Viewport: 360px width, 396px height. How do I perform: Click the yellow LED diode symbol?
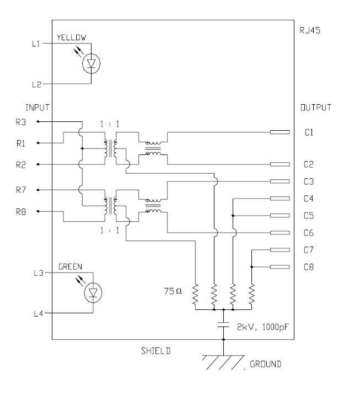(x=91, y=63)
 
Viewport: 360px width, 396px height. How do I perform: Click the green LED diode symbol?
(x=93, y=293)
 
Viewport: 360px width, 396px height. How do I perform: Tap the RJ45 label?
(x=310, y=30)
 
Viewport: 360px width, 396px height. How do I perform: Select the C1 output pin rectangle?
(x=280, y=132)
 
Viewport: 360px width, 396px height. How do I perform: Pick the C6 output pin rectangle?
(x=280, y=233)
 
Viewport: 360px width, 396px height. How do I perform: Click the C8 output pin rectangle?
(x=280, y=267)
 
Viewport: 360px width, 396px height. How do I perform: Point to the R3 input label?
(x=21, y=122)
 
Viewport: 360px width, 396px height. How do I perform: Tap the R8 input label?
(x=21, y=212)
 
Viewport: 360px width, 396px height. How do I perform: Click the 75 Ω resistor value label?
(x=173, y=291)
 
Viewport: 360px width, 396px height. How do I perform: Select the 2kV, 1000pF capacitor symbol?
(x=223, y=325)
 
